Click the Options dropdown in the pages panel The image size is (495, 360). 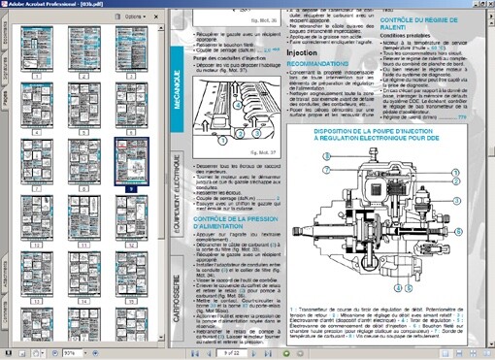(x=135, y=17)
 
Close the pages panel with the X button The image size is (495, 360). (x=156, y=17)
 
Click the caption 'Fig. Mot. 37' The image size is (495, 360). (x=264, y=150)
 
